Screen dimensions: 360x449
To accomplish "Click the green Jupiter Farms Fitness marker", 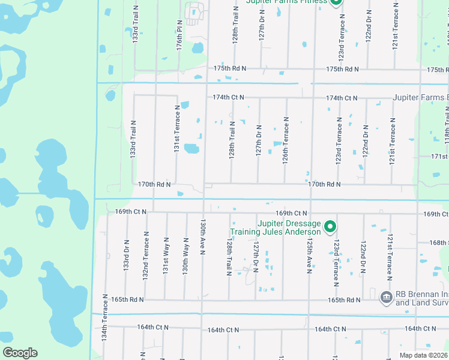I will click(x=336, y=2).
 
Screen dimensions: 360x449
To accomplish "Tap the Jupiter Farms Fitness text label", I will click(x=286, y=2).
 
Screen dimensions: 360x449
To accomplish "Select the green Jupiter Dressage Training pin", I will click(x=330, y=227).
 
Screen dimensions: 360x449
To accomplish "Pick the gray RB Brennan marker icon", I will click(x=386, y=296).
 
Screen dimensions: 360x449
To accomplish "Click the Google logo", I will click(x=20, y=353).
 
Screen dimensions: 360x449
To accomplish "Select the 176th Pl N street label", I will click(x=179, y=37).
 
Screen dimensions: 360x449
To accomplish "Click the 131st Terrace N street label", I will click(x=177, y=128).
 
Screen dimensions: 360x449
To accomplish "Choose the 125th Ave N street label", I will click(x=309, y=253).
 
